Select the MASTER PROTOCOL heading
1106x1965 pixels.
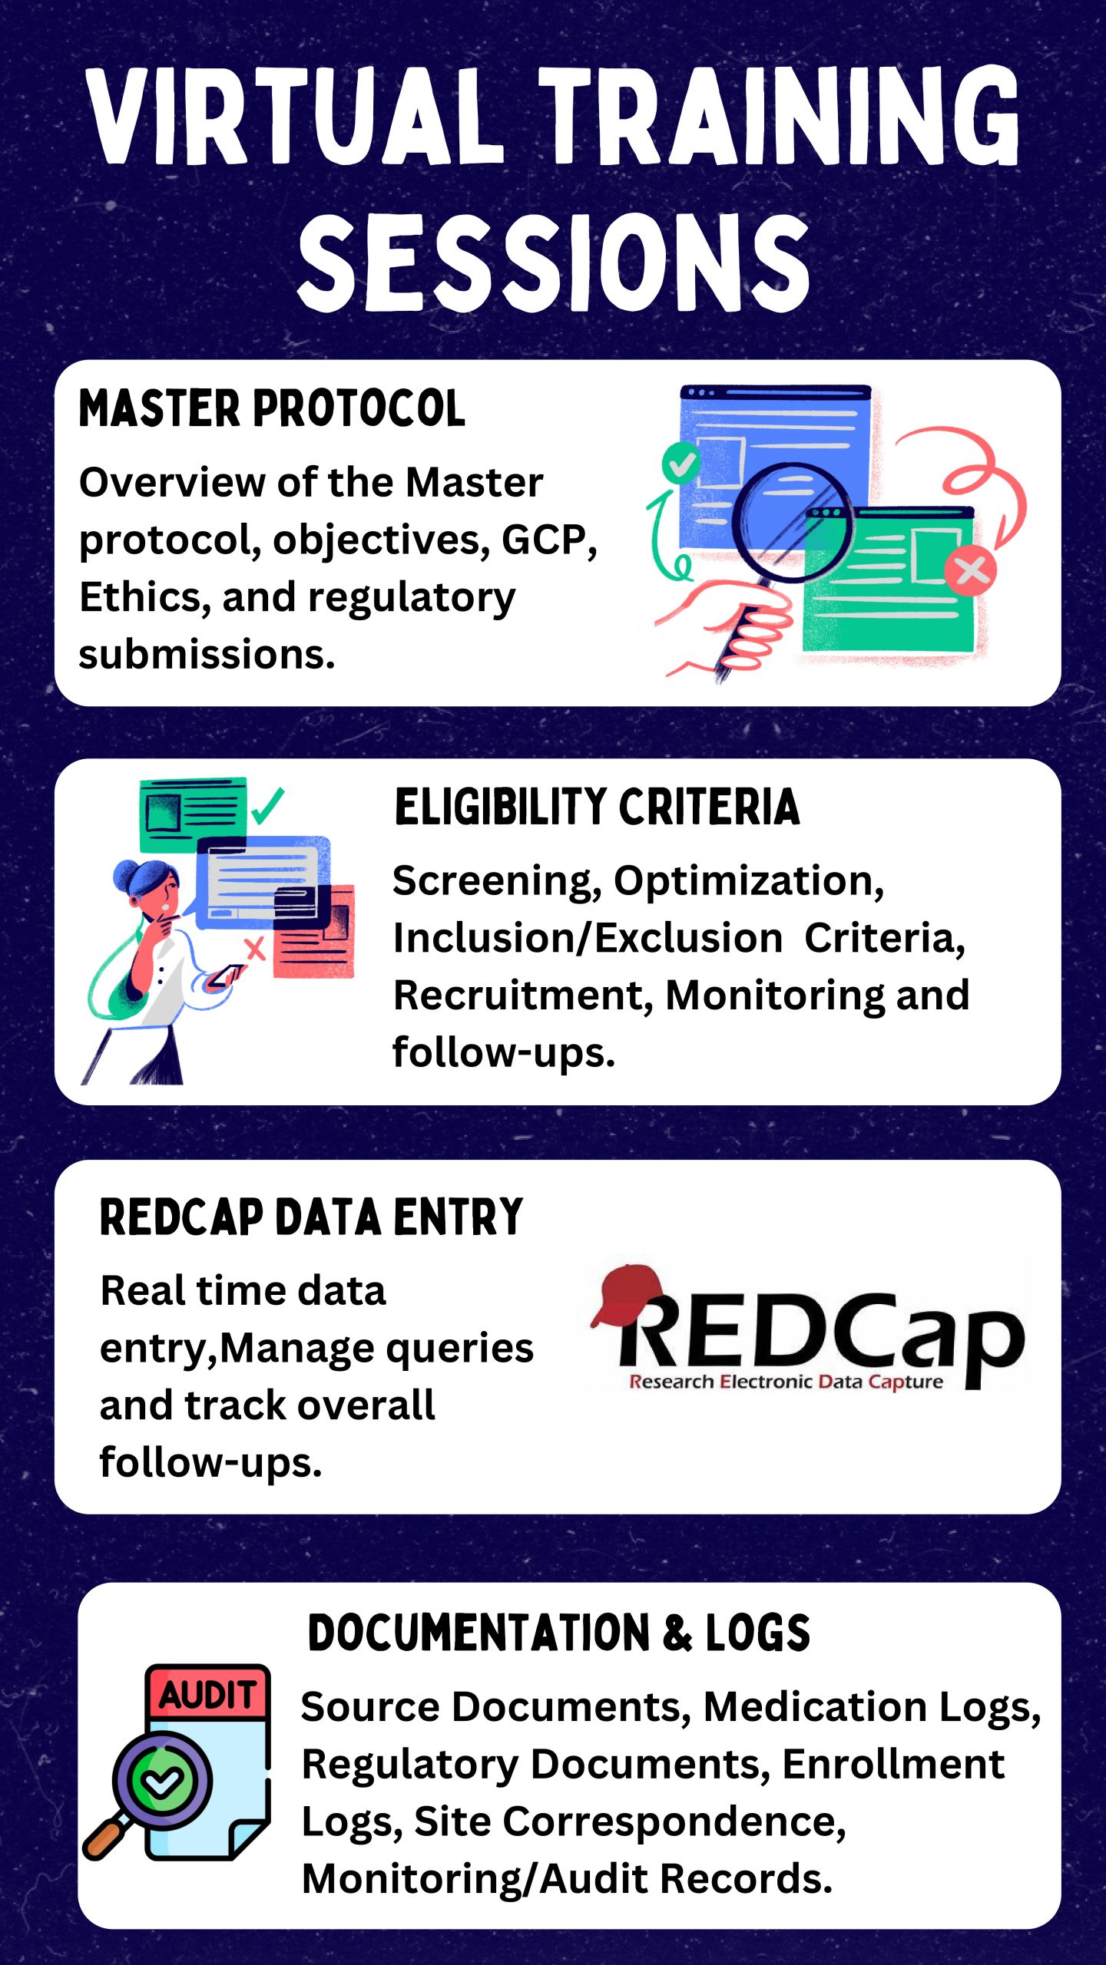pyautogui.click(x=272, y=408)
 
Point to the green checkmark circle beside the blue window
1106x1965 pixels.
pyautogui.click(x=680, y=463)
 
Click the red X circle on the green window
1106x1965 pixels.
pyautogui.click(x=971, y=570)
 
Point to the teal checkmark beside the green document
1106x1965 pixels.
pyautogui.click(x=267, y=805)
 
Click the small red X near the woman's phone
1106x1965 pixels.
pyautogui.click(x=254, y=949)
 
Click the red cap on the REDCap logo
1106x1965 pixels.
pyautogui.click(x=627, y=1296)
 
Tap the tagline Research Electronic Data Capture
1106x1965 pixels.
pyautogui.click(x=786, y=1382)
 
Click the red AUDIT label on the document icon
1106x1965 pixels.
pyautogui.click(x=207, y=1694)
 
